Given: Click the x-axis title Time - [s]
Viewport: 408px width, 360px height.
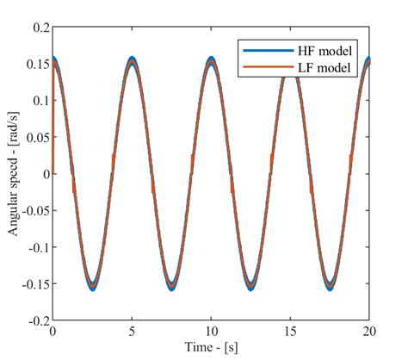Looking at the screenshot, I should pos(212,347).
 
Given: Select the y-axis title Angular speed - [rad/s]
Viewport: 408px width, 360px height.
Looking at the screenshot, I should pos(13,172).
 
